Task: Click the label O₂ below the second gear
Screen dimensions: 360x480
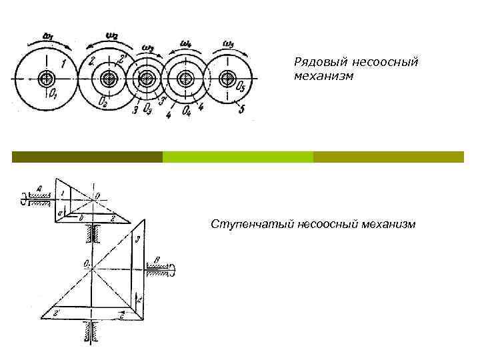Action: click(x=101, y=102)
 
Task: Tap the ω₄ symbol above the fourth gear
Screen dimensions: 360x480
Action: click(x=186, y=45)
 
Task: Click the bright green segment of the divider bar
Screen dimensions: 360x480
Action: click(x=237, y=157)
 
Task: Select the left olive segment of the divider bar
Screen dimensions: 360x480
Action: click(x=87, y=157)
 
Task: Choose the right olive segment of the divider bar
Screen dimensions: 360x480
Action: click(x=388, y=157)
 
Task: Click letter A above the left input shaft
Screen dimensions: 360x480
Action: click(x=40, y=189)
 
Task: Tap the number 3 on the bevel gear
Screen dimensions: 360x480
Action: click(x=137, y=238)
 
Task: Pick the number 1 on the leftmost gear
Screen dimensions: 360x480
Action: click(x=63, y=63)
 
